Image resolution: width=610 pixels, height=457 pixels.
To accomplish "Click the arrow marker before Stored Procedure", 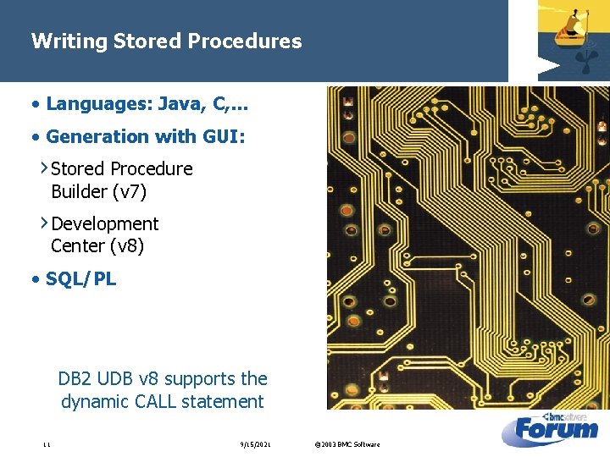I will [x=45, y=168].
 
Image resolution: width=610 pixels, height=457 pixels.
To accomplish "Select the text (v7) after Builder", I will [x=130, y=192].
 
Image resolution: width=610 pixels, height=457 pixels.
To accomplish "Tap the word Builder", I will [x=79, y=192].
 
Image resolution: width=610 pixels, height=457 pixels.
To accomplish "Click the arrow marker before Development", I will [x=45, y=223].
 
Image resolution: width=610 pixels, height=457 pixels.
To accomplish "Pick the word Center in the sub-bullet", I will [x=78, y=246].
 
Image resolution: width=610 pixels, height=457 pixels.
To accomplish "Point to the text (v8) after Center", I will [x=127, y=246].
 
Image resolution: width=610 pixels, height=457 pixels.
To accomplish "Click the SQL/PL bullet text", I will [x=81, y=279].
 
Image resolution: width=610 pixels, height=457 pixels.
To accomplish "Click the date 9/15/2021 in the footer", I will [x=255, y=444].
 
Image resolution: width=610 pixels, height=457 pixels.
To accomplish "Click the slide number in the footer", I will [x=47, y=444].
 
